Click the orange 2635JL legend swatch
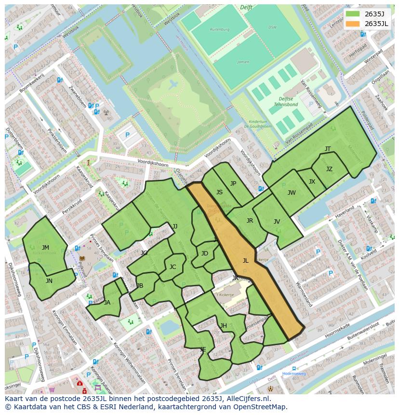click(353, 24)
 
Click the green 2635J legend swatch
click(353, 14)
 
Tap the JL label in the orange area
click(245, 261)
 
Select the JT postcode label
click(328, 149)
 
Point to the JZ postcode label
click(329, 169)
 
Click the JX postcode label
click(312, 182)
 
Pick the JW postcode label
click(292, 193)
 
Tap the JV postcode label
click(277, 222)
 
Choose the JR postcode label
click(250, 221)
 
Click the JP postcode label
click(233, 184)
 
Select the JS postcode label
click(219, 192)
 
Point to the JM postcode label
click(45, 248)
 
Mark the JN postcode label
click(49, 281)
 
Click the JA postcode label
click(107, 303)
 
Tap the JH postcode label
click(224, 326)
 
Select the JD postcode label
click(205, 254)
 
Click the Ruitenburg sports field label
click(219, 29)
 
